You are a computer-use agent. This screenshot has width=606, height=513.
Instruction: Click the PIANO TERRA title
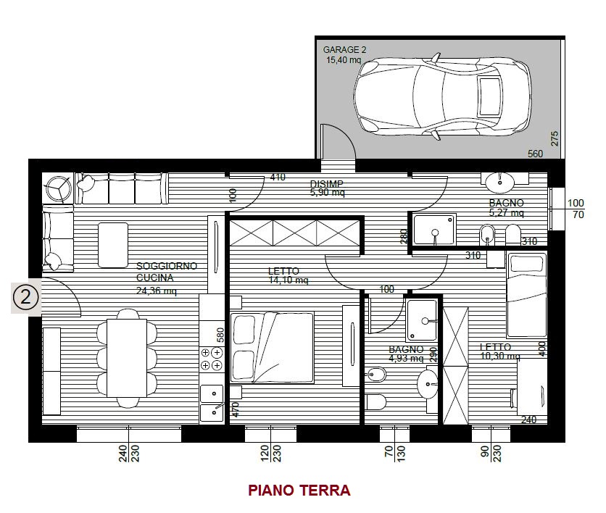(x=299, y=491)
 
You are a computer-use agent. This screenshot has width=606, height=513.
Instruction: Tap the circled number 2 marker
(x=25, y=298)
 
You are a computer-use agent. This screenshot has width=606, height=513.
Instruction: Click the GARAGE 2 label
(x=344, y=50)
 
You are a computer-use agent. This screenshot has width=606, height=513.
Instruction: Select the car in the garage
(x=442, y=96)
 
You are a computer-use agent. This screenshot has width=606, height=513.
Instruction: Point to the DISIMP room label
(x=327, y=183)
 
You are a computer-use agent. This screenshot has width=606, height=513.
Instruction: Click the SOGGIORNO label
(x=167, y=266)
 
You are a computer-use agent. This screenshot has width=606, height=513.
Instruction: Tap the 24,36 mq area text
(x=156, y=291)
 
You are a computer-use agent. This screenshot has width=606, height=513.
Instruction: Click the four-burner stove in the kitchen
(x=212, y=359)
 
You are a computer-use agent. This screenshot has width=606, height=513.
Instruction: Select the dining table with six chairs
(x=127, y=358)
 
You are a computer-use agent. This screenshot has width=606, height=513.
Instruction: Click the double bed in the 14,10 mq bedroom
(x=272, y=347)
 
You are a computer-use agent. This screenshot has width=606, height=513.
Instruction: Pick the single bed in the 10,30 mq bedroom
(x=526, y=295)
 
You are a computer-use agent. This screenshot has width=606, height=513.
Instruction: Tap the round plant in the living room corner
(x=57, y=188)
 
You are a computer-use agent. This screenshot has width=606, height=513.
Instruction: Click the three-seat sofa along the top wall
(x=122, y=188)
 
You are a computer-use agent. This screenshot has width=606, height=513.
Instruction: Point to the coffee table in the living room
(x=113, y=246)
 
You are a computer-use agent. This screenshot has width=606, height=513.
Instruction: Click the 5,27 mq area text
(x=506, y=212)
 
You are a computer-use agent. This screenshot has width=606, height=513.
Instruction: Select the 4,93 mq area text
(x=406, y=359)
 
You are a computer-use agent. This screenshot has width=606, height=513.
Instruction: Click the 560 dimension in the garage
(x=535, y=154)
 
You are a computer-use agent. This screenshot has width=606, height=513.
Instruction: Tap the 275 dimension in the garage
(x=555, y=138)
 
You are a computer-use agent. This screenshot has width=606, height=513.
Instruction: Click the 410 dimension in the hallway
(x=278, y=178)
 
